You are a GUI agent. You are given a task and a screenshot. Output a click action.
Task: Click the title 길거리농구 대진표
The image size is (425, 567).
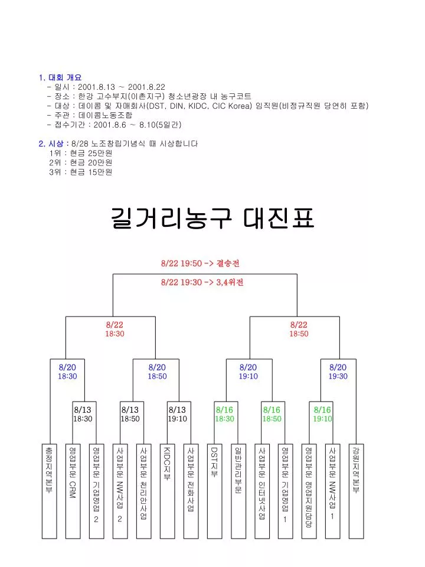[x=212, y=218]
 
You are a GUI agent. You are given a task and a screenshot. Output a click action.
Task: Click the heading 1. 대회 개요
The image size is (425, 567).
[x=60, y=77]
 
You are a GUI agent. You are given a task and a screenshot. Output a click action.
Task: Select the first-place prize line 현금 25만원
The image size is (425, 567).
[x=81, y=154]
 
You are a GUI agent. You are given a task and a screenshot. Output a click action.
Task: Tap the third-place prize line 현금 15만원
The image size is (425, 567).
[x=81, y=172]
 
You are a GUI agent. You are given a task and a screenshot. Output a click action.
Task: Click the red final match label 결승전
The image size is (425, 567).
[x=228, y=263]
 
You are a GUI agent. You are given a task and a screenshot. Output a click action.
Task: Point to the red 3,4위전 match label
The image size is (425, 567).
[x=230, y=282]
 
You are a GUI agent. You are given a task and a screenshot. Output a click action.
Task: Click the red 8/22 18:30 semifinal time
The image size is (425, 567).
[x=115, y=329]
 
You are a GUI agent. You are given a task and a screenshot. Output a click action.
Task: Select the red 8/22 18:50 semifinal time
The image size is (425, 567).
[x=299, y=329]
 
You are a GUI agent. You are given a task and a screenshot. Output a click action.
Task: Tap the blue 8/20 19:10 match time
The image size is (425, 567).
[x=249, y=372]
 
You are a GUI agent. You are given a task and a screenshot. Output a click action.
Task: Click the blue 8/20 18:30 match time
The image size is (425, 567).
[x=67, y=372]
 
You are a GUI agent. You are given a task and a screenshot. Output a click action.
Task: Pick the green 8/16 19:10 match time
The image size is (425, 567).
[x=322, y=414]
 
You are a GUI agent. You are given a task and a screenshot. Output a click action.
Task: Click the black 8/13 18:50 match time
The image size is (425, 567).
[x=130, y=414]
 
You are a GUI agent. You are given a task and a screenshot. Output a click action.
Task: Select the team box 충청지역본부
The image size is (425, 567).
[x=49, y=491]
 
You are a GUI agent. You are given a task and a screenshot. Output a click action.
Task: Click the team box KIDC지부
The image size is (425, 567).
[x=167, y=491]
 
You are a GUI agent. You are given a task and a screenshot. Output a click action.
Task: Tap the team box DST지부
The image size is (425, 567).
[x=215, y=491]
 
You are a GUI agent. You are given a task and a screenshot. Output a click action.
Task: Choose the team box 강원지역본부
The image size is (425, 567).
[x=357, y=491]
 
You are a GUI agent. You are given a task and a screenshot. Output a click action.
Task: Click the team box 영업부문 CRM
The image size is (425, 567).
[x=73, y=491]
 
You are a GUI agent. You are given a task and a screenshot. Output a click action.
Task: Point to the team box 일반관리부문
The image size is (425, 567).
[x=238, y=491]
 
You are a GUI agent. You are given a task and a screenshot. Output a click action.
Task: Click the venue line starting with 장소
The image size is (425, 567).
[x=149, y=96]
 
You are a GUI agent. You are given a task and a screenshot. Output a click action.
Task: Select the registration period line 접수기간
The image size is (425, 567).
[x=114, y=125]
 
